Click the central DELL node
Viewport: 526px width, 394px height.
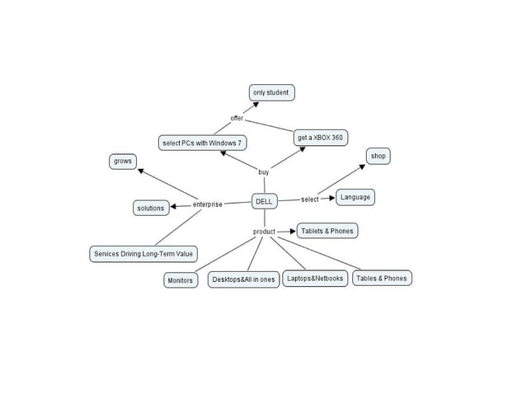pyautogui.click(x=264, y=200)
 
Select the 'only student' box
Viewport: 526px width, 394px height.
pyautogui.click(x=271, y=92)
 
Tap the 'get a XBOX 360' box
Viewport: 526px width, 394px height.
pyautogui.click(x=320, y=138)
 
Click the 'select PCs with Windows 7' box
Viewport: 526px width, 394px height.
pyautogui.click(x=203, y=143)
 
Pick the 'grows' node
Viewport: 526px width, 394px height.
pyautogui.click(x=123, y=162)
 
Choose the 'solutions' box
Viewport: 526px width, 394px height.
pyautogui.click(x=151, y=208)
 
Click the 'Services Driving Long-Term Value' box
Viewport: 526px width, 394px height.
pyautogui.click(x=143, y=254)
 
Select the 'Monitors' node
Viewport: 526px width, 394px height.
pyautogui.click(x=180, y=280)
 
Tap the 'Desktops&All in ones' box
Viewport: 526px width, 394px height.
pyautogui.click(x=243, y=280)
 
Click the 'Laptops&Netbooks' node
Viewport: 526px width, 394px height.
pyautogui.click(x=315, y=279)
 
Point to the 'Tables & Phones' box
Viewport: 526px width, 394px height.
pyautogui.click(x=381, y=279)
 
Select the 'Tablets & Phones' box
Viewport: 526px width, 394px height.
pyautogui.click(x=326, y=231)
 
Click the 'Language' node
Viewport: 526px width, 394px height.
pyautogui.click(x=355, y=197)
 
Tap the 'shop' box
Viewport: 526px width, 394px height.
pyautogui.click(x=378, y=156)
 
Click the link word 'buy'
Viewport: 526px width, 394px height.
pyautogui.click(x=264, y=172)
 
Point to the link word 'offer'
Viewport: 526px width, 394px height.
pyautogui.click(x=237, y=119)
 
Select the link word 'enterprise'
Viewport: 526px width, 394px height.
pyautogui.click(x=207, y=204)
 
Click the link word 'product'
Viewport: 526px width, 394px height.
pyautogui.click(x=264, y=232)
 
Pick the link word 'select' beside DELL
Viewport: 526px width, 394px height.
pyautogui.click(x=310, y=199)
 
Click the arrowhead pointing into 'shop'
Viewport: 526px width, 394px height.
pyautogui.click(x=361, y=167)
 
